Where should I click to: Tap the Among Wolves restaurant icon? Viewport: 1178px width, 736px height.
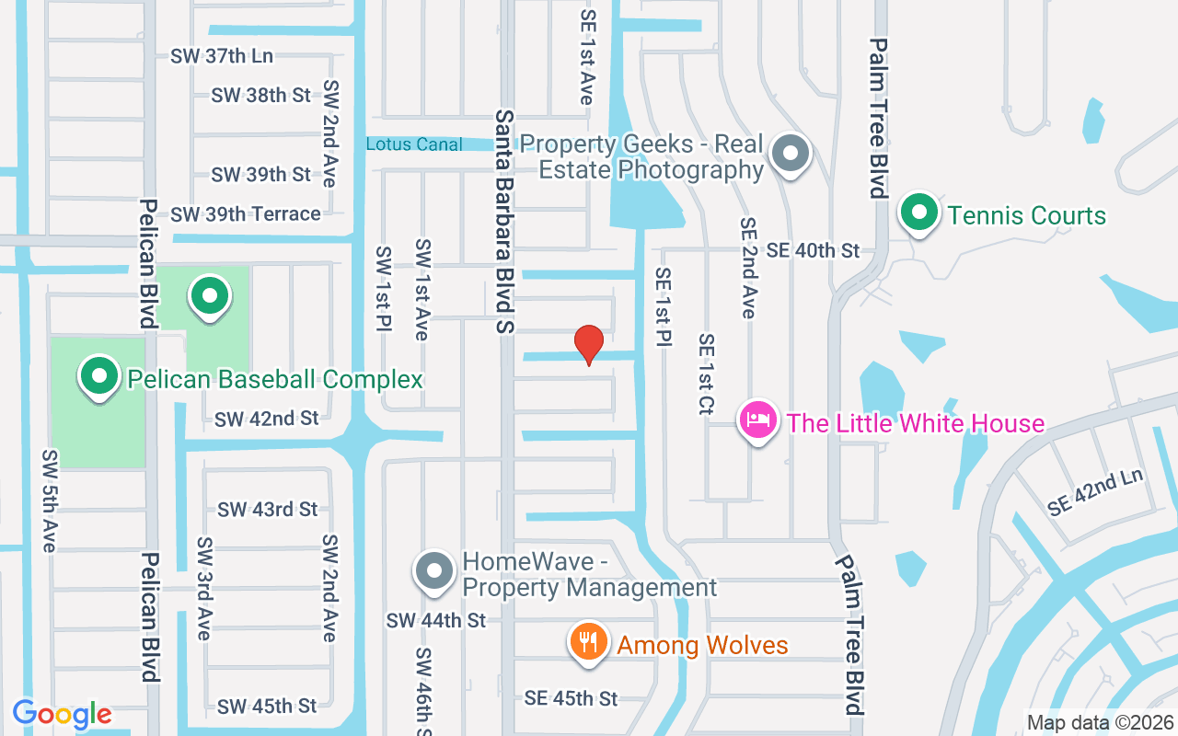click(586, 640)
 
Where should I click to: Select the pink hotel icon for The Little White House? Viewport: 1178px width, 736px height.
click(758, 420)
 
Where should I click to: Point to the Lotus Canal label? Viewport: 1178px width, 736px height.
click(414, 144)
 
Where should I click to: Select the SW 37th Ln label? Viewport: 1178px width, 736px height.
click(222, 55)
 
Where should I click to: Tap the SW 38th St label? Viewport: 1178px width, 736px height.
click(261, 95)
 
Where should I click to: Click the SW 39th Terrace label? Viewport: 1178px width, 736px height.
click(246, 213)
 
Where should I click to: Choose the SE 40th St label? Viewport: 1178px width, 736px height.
click(813, 250)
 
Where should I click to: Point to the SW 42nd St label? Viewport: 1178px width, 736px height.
click(267, 419)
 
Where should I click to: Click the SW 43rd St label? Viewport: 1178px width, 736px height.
click(267, 509)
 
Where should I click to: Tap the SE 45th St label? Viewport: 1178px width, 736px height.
click(571, 698)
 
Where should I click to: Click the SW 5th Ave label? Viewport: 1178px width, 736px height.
click(50, 501)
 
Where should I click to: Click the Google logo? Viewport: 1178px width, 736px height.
click(63, 714)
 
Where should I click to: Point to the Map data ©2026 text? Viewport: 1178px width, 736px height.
click(1100, 722)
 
